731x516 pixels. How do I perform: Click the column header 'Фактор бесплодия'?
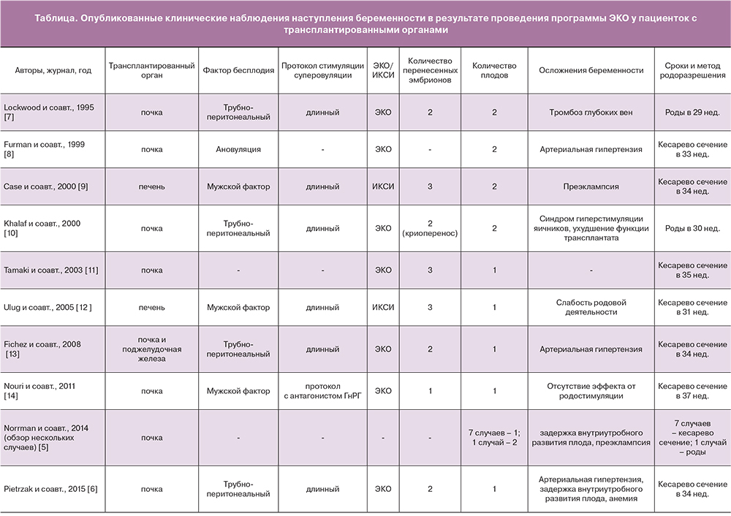click(232, 70)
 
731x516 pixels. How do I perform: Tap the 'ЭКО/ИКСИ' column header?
click(382, 70)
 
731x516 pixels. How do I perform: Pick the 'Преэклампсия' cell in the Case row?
click(591, 186)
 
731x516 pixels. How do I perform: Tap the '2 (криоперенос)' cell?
click(430, 228)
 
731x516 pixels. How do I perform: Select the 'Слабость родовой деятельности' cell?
click(591, 307)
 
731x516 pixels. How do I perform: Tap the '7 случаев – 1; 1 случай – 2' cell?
click(494, 438)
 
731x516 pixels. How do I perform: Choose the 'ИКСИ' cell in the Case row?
click(382, 186)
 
